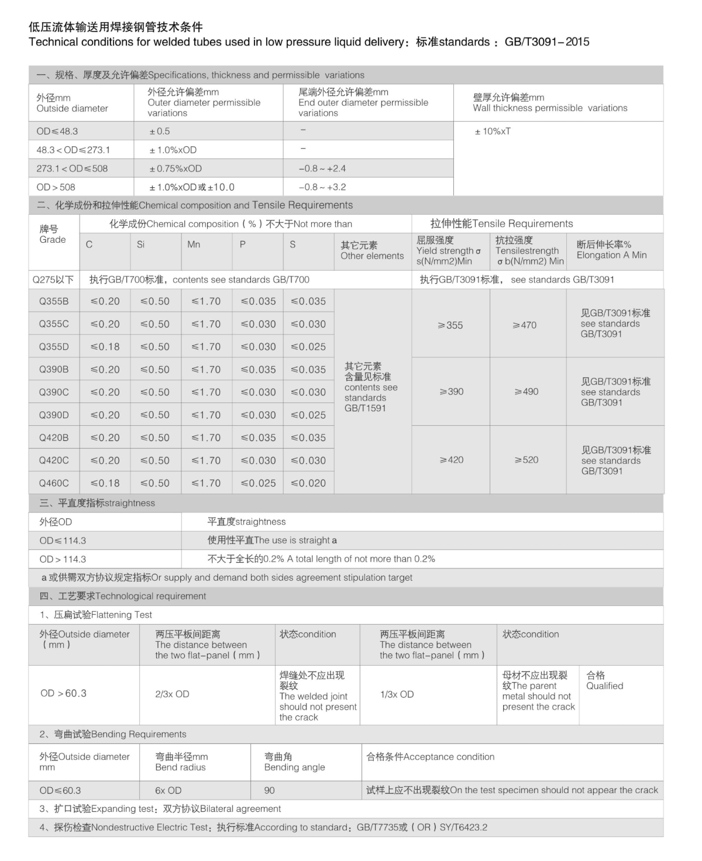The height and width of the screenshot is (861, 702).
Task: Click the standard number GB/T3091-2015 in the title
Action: (x=547, y=42)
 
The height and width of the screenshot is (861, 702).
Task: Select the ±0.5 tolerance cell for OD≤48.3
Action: (x=160, y=131)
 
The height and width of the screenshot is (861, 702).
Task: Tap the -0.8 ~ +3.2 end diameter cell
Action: (x=322, y=187)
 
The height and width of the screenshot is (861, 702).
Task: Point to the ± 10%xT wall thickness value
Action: (x=493, y=131)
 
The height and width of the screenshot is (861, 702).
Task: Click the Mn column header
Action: (x=194, y=244)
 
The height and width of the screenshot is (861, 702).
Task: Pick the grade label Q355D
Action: (x=54, y=347)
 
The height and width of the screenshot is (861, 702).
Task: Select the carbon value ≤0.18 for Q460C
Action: (x=105, y=483)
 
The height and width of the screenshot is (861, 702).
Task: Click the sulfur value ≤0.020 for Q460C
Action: (x=308, y=483)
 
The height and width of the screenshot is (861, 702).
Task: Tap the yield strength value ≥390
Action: (x=451, y=391)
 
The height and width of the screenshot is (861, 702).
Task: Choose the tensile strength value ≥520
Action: (x=526, y=460)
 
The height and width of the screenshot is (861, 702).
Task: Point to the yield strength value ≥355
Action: (x=450, y=325)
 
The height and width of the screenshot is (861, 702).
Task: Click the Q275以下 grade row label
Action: (x=53, y=280)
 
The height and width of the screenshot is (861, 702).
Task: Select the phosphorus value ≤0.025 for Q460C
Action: (x=258, y=483)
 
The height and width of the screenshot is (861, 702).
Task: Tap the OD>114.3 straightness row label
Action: (x=63, y=559)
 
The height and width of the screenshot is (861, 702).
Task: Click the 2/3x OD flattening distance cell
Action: (x=172, y=694)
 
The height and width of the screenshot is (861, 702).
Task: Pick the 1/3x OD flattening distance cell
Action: (x=397, y=694)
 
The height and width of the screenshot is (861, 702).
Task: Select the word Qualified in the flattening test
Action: (x=605, y=686)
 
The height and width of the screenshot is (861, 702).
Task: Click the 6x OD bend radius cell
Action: (x=168, y=790)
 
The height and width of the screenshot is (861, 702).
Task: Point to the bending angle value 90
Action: (x=269, y=790)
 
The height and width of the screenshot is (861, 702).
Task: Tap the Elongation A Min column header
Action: (x=611, y=255)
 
